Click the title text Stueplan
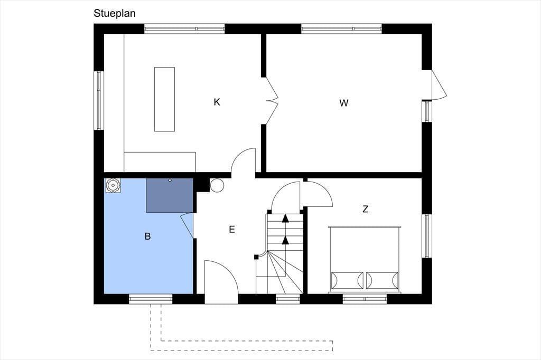[115, 13]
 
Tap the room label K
[217, 102]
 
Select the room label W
[343, 103]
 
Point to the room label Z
[366, 209]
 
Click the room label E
[232, 229]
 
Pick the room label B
[148, 236]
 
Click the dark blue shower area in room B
[170, 195]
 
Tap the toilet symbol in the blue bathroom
[113, 185]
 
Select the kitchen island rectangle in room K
[164, 99]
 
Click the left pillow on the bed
[347, 281]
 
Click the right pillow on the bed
[383, 281]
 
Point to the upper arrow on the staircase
[285, 218]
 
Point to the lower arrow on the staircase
[285, 240]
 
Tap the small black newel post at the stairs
[256, 257]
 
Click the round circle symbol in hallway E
[217, 185]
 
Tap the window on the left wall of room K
[99, 100]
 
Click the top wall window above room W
[342, 29]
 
